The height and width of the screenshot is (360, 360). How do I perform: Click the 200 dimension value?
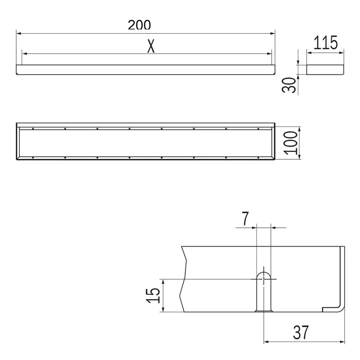139,25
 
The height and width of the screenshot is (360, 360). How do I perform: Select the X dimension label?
151,46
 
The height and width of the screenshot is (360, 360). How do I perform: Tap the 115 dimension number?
325,42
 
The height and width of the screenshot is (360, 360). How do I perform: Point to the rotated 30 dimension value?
289,85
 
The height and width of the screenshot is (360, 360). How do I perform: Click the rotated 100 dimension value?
290,143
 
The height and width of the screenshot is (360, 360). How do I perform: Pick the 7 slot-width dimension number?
245,219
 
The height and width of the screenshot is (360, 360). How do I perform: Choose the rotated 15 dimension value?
153,296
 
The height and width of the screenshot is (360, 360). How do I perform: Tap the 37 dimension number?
301,332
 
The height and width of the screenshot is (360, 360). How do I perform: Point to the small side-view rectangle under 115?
325,70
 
